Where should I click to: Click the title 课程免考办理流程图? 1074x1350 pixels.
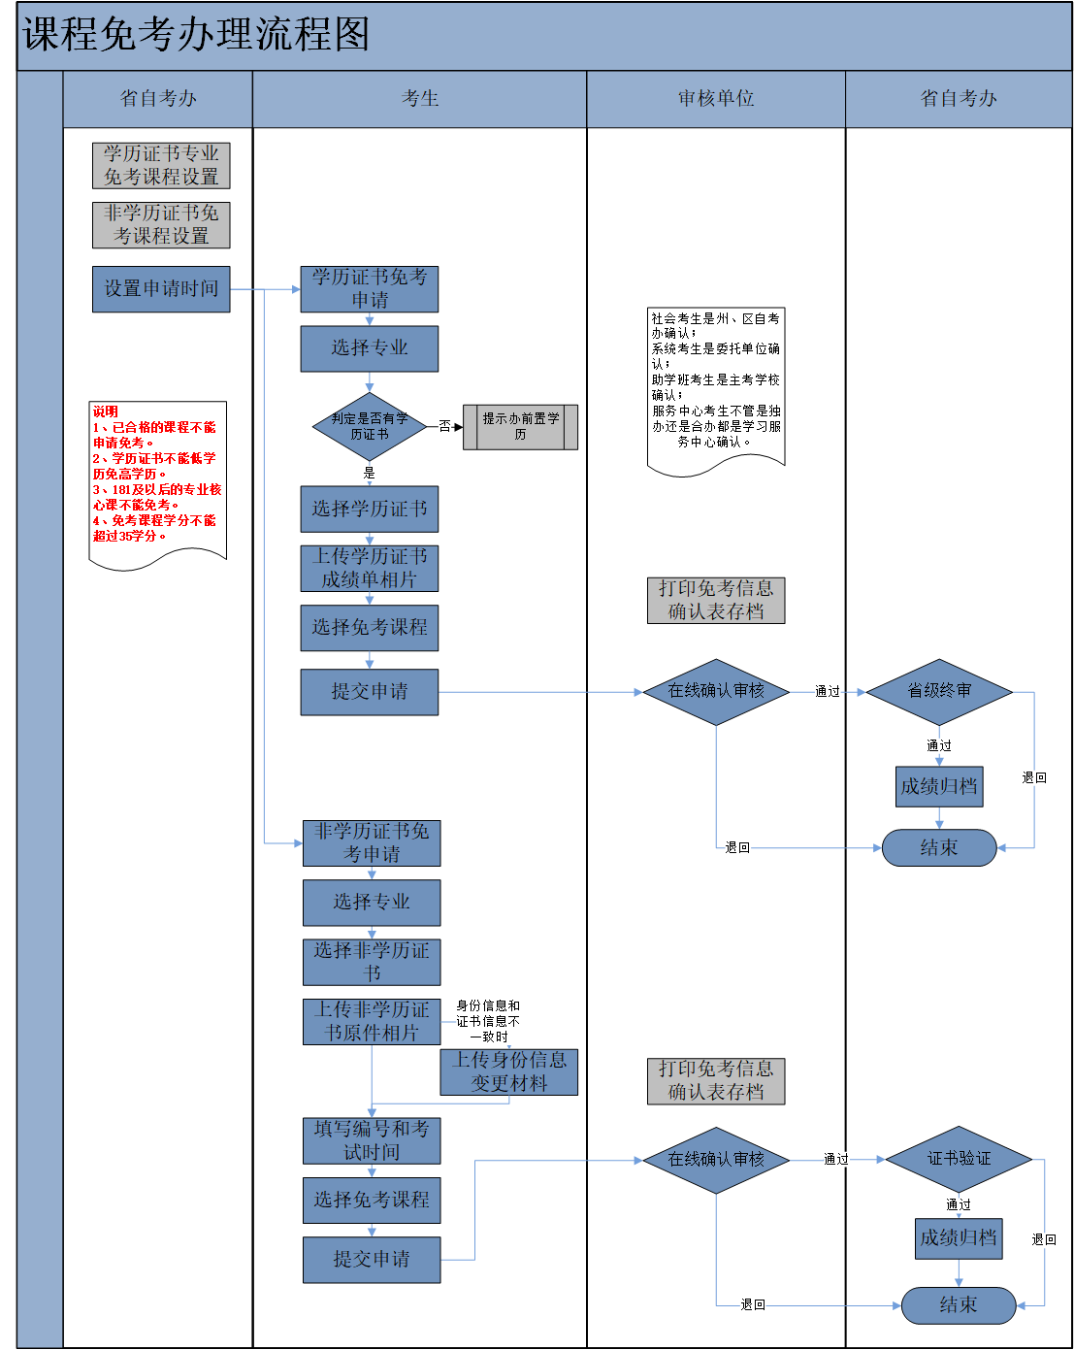point(196,35)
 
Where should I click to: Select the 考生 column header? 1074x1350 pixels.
point(420,98)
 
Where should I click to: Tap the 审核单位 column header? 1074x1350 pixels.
point(716,98)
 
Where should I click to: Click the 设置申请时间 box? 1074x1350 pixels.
point(161,289)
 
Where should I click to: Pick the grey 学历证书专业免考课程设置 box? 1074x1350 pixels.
point(161,165)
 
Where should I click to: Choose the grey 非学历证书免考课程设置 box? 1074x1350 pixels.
point(161,224)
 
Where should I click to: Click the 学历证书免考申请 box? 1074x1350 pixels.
point(369,289)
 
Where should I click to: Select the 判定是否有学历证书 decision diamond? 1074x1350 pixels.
point(369,426)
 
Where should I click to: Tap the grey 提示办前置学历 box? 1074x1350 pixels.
point(520,427)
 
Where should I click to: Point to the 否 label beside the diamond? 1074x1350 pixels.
point(444,426)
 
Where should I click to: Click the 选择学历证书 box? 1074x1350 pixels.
point(369,509)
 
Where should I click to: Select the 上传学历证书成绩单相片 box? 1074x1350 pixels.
point(369,568)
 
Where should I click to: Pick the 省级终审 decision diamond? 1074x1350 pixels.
point(938,691)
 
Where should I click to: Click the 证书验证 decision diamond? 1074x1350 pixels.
point(958,1159)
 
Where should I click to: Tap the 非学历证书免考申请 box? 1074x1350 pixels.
point(372,842)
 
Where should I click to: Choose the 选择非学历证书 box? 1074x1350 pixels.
point(372,961)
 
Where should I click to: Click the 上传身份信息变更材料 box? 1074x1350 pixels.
point(508,1071)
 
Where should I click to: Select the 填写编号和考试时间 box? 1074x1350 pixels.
point(372,1140)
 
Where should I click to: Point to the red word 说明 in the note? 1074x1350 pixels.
point(106,412)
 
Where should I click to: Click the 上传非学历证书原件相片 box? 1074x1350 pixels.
point(372,1021)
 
